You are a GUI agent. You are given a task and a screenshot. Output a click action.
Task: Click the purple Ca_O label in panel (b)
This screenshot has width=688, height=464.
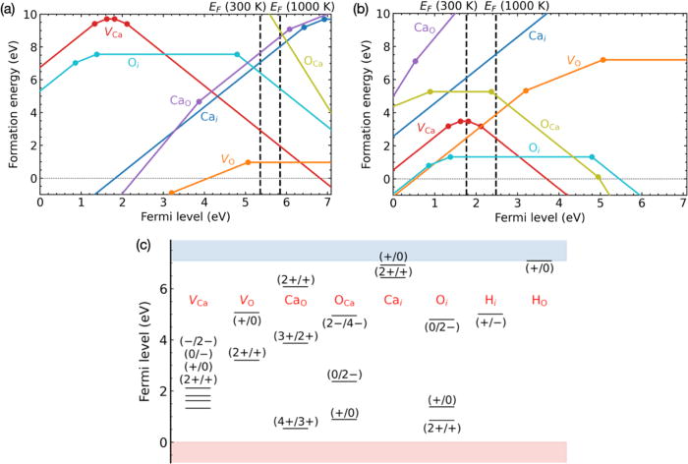[x=424, y=30]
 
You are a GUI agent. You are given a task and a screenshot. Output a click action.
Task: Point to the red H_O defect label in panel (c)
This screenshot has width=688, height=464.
[x=540, y=299]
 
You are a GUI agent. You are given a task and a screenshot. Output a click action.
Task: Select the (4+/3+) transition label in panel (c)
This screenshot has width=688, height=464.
[x=298, y=422]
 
